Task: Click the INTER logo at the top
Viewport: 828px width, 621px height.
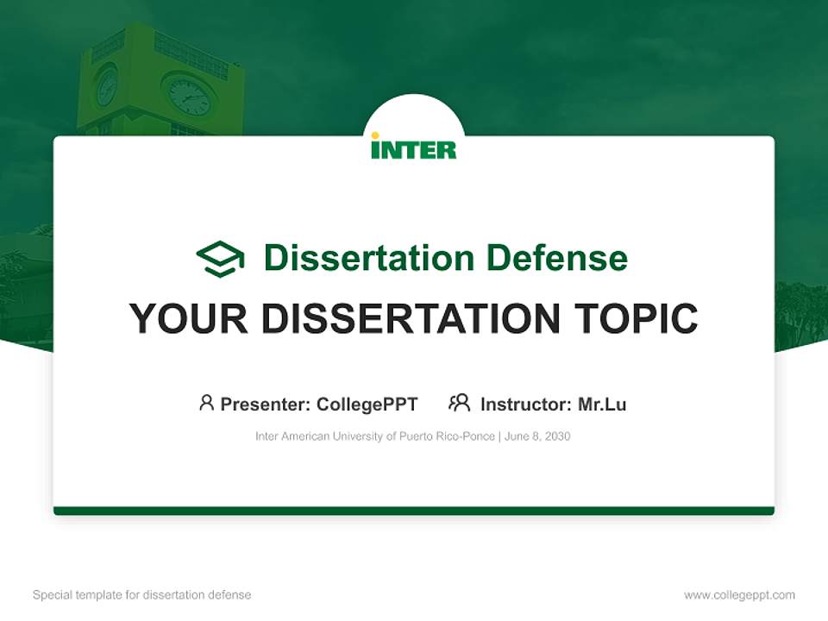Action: pos(414,149)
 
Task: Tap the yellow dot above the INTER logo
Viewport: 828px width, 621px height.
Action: pos(375,135)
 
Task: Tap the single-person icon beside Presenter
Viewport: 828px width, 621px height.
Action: pos(206,403)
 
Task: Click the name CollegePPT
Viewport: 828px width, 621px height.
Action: pos(367,405)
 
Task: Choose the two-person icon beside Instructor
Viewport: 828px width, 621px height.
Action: pos(459,403)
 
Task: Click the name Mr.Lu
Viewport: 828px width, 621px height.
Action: pos(602,405)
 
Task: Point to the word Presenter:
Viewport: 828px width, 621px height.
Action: pos(266,405)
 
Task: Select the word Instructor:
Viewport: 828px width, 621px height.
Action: pos(525,405)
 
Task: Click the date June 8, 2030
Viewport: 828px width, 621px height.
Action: pos(537,436)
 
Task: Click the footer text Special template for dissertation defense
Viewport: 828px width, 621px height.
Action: pos(142,595)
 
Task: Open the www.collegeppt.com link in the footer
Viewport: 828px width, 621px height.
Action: pos(739,595)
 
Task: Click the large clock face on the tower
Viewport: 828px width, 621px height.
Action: pos(189,97)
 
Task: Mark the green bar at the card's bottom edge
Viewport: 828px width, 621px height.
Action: pos(414,511)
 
